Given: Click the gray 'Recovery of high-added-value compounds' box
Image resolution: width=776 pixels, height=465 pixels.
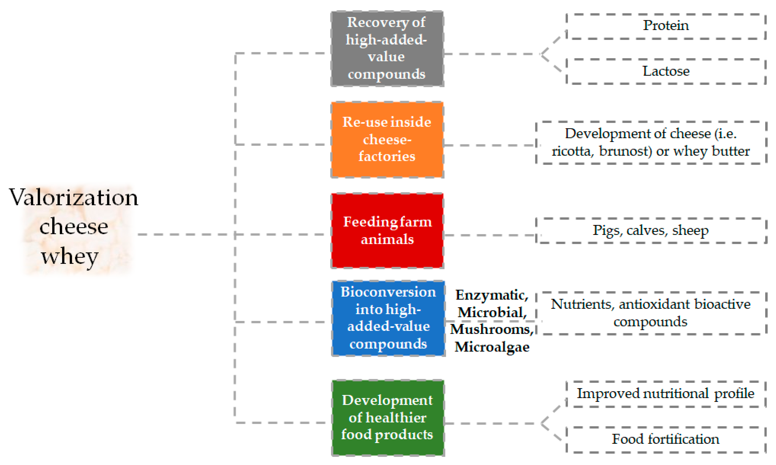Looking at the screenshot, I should coord(387,49).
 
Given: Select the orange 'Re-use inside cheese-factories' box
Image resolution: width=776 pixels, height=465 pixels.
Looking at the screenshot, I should coord(387,139).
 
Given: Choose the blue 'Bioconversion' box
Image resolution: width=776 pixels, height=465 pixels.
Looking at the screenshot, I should coord(388,318).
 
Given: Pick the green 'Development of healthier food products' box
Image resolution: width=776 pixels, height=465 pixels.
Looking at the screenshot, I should coord(388,418).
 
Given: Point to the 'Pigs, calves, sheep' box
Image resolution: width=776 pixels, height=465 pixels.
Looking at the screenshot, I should coord(651,231).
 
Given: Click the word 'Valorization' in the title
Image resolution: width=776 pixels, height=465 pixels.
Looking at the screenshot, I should coord(74,197).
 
